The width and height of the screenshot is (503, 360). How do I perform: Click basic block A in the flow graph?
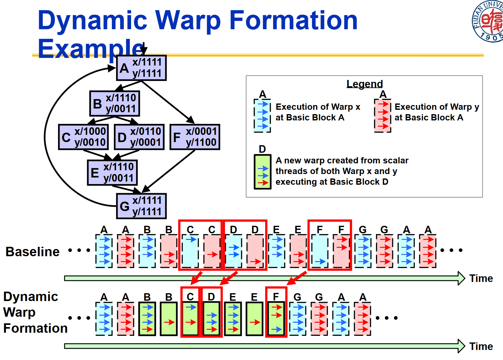click(x=141, y=68)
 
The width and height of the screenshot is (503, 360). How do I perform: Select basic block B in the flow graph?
click(x=114, y=103)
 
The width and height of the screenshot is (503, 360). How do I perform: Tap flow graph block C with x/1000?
click(x=83, y=137)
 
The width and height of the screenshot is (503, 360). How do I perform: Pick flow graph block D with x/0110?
click(x=139, y=137)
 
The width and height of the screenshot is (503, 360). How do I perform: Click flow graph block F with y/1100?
click(x=195, y=137)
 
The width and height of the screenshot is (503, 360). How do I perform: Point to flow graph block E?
click(x=112, y=172)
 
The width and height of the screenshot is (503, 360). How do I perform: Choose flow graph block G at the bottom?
click(x=141, y=206)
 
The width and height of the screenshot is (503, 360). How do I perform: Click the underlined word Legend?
click(x=364, y=84)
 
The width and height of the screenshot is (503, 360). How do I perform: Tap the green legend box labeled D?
click(x=262, y=172)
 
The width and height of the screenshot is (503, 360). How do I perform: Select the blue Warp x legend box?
click(x=262, y=116)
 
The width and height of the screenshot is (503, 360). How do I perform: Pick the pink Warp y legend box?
click(x=383, y=116)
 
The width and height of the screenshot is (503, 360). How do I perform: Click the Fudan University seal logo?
click(x=488, y=21)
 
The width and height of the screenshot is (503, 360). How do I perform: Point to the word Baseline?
click(x=33, y=251)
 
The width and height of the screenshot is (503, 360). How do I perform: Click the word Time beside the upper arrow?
click(x=481, y=278)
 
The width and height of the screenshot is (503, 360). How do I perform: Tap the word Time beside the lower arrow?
click(x=481, y=346)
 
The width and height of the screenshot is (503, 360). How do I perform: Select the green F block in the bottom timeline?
click(x=276, y=319)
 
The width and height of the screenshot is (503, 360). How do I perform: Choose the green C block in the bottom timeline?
click(x=190, y=319)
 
